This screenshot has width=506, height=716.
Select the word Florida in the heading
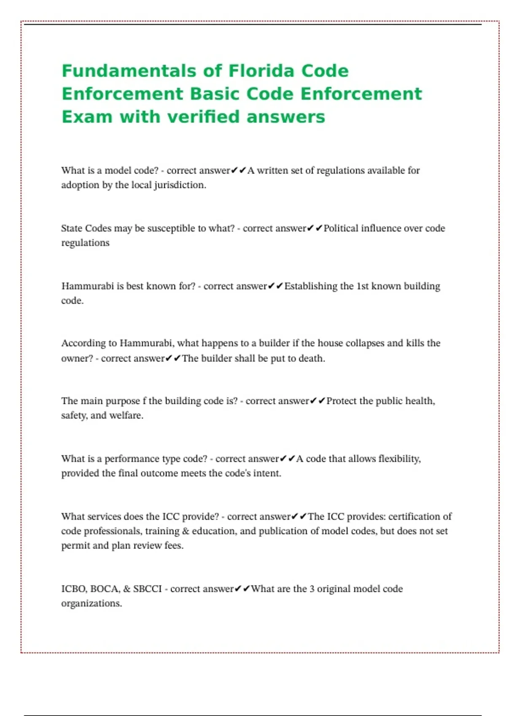pyautogui.click(x=256, y=71)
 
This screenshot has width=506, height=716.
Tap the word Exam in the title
pyautogui.click(x=87, y=117)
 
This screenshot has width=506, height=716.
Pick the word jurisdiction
pyautogui.click(x=179, y=185)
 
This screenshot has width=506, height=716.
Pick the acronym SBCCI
pyautogui.click(x=147, y=589)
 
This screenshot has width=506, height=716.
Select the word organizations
pyautogui.click(x=91, y=604)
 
